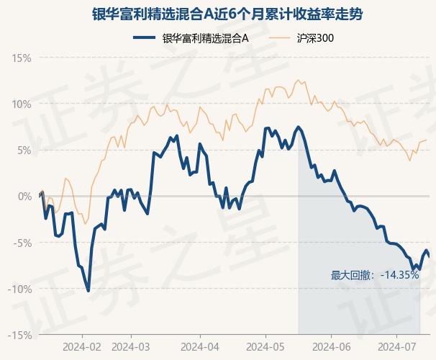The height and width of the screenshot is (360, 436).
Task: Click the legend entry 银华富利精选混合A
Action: (x=205, y=38)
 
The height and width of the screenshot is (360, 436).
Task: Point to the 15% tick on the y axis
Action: (x=22, y=58)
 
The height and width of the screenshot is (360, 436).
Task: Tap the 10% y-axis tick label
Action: (x=22, y=104)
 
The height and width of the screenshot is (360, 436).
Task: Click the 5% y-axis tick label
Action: (x=24, y=150)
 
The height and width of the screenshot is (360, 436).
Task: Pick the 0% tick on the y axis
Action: (x=24, y=196)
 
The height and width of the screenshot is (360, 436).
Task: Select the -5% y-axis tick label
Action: (x=22, y=243)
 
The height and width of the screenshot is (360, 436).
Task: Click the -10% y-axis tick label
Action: (x=20, y=289)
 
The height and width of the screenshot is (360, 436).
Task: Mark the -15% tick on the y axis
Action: (x=20, y=335)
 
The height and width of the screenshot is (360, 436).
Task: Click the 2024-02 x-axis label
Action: (x=82, y=346)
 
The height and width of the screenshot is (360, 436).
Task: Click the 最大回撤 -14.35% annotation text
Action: (x=374, y=274)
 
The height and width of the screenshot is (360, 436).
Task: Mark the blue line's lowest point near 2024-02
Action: (x=88, y=291)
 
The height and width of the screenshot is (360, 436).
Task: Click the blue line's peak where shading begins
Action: (x=298, y=127)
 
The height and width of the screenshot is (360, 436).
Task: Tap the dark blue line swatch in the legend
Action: (x=146, y=38)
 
